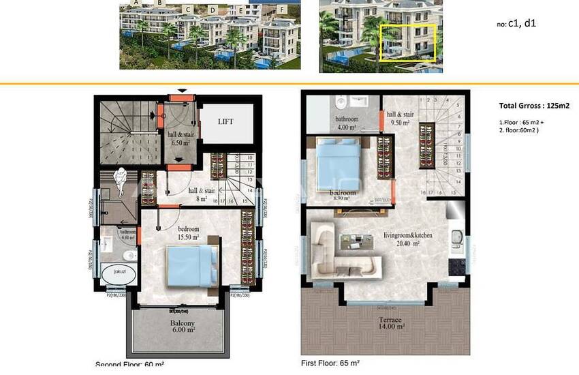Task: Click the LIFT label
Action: coord(225,121)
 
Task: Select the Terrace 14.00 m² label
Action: coord(391,322)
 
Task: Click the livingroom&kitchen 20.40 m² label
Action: coord(408,239)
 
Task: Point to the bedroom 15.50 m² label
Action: coord(188,232)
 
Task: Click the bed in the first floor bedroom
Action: coord(339,162)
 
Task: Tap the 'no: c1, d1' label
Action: coord(516,23)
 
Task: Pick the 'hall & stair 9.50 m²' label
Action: coord(401,119)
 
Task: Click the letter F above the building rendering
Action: coord(282,10)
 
